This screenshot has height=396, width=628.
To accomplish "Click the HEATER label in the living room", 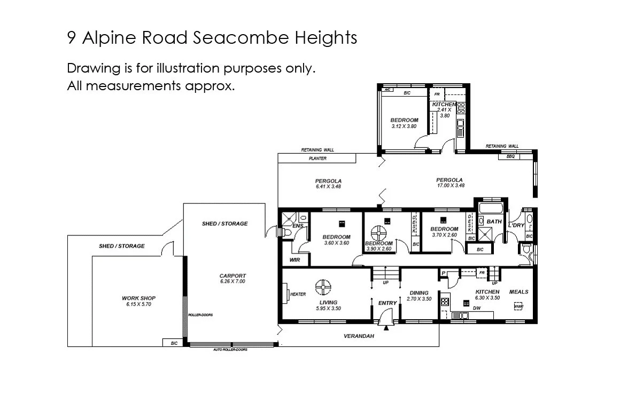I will pos(298,294).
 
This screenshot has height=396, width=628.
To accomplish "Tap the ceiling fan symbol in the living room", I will pos(323,287).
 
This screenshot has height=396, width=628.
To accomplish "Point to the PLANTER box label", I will pos(317,159).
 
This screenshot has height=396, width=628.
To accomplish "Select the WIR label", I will pos(294,260).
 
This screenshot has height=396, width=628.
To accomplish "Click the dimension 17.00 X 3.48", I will pos(449,186).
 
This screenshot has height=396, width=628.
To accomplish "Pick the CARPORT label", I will pos(232,276).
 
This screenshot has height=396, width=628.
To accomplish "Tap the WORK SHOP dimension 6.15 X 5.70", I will pos(138,304).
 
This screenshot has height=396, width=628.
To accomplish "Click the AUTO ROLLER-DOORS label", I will pos(230,350).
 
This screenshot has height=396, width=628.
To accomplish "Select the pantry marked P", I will pos(443,273).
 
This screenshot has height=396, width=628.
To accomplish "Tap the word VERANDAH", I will pos(359,336).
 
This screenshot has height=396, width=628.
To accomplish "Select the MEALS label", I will pos(518,292).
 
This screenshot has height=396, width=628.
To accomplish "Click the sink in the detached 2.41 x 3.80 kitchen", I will pos(460,128).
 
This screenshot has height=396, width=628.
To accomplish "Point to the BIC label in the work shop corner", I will pos(174,343).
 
